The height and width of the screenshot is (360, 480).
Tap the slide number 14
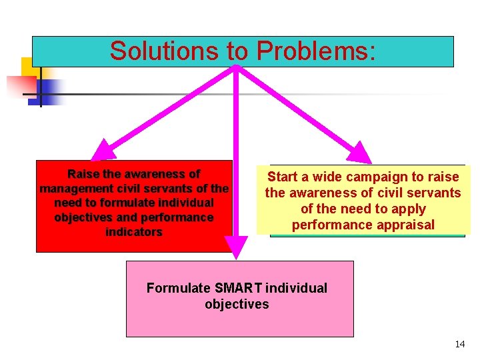[x=459, y=344]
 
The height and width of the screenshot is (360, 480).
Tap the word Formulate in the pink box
[x=177, y=288]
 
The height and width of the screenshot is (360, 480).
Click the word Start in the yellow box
[x=282, y=177]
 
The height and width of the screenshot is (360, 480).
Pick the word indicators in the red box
[x=134, y=232]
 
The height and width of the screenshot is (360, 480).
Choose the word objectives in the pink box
[x=237, y=304]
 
